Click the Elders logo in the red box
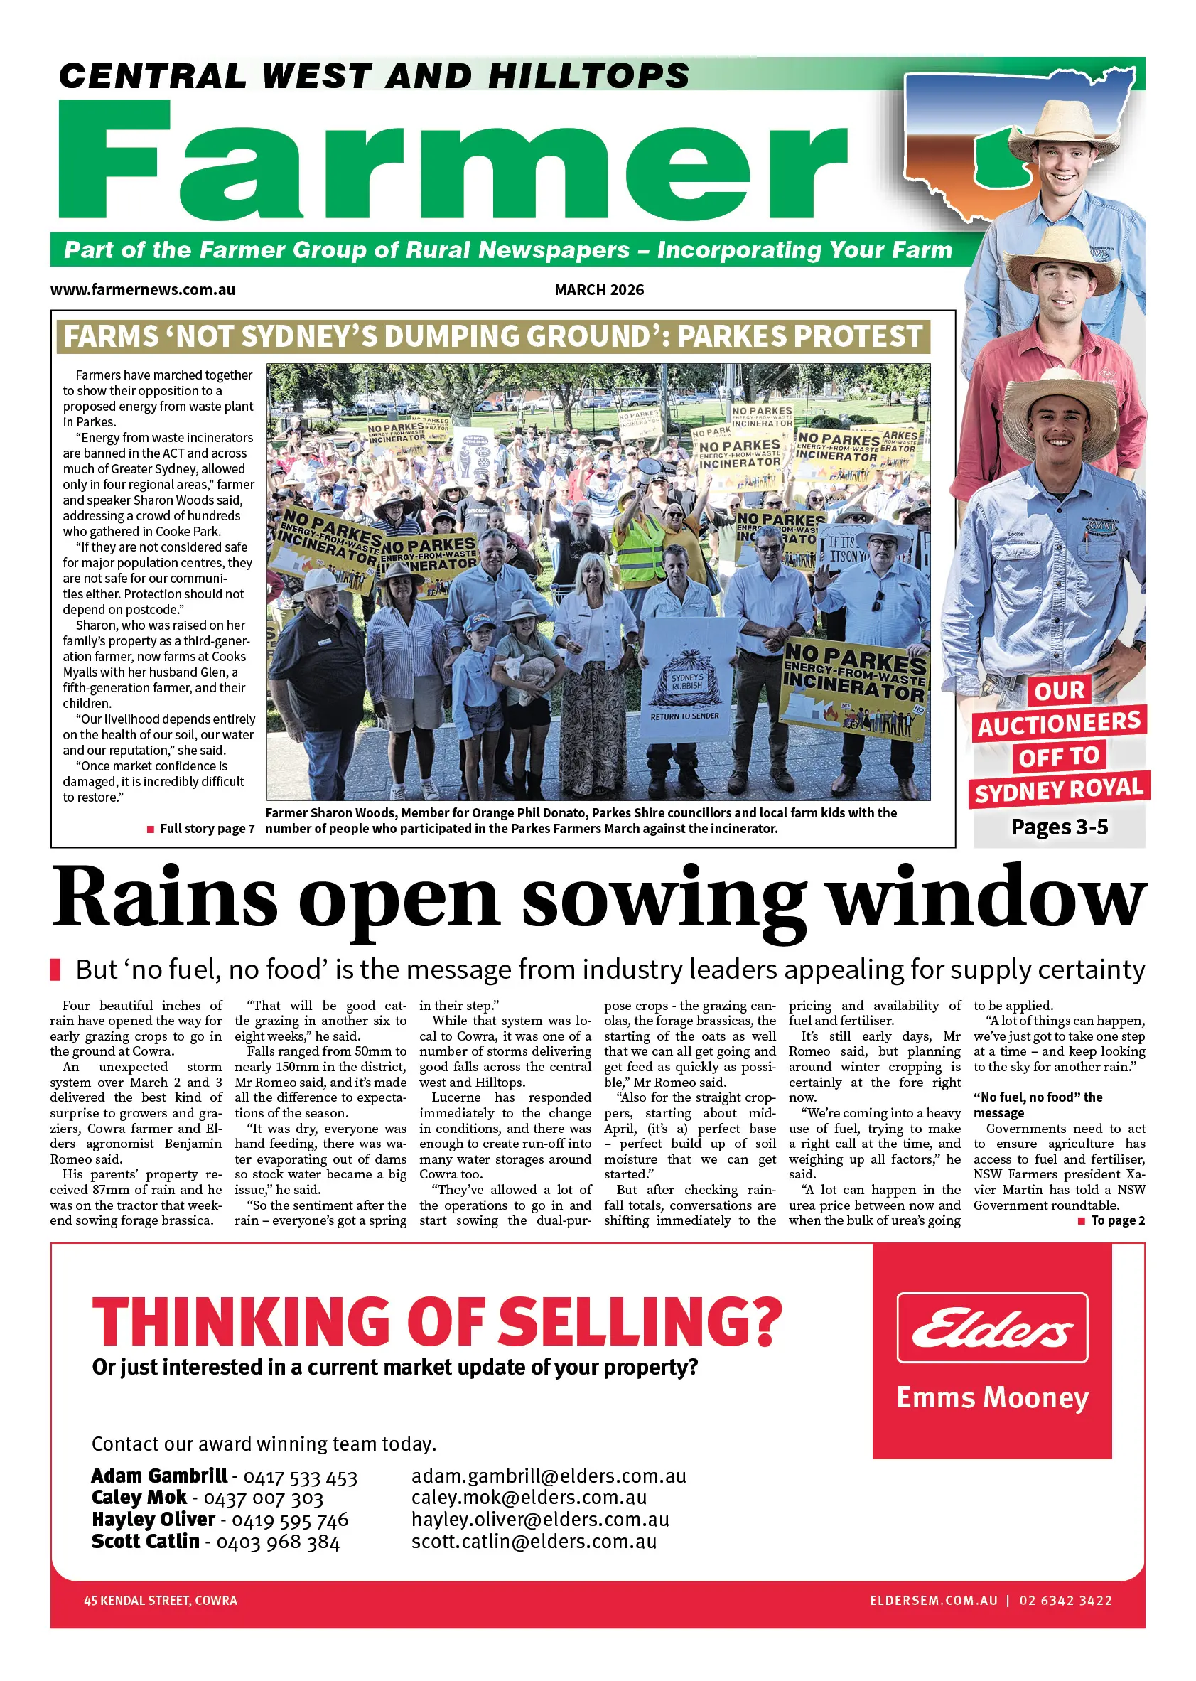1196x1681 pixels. tap(991, 1328)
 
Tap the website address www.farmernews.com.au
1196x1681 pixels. tap(143, 289)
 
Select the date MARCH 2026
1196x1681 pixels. tap(599, 289)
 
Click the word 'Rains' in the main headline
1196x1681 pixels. tap(165, 898)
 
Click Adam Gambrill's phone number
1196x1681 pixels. tap(300, 1478)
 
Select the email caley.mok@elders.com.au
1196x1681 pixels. tap(529, 1498)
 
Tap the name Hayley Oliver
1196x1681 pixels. tap(153, 1519)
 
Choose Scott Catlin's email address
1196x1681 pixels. tap(534, 1541)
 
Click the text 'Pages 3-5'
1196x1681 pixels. tap(1059, 827)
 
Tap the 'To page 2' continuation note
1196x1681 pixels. tap(1116, 1220)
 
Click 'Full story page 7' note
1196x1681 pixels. tap(206, 828)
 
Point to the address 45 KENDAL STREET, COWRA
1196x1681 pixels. tap(161, 1600)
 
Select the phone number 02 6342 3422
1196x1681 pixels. tap(1065, 1600)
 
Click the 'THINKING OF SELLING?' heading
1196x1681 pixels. tap(437, 1321)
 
